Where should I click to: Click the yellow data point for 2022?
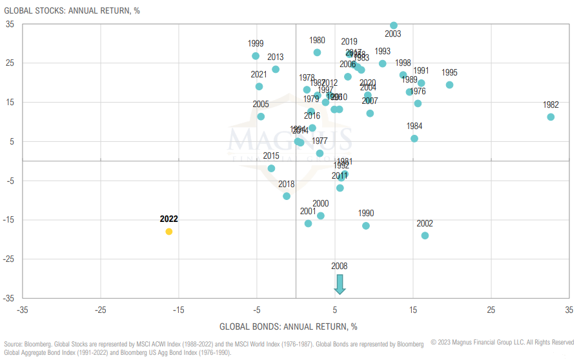(x=169, y=231)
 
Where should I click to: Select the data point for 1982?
(x=551, y=117)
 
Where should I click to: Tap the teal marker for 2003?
(x=394, y=25)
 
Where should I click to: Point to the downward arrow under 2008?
(x=340, y=284)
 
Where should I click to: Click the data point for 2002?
(x=425, y=235)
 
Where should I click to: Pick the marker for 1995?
(x=449, y=85)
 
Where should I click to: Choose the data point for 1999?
(x=256, y=56)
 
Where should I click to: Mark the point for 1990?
(x=366, y=226)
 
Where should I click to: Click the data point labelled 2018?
(x=287, y=196)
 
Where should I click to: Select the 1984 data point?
(x=414, y=138)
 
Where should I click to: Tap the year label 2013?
(x=276, y=57)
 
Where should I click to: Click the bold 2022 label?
(x=169, y=219)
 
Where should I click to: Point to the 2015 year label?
(x=271, y=155)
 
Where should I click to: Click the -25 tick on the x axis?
(x=100, y=309)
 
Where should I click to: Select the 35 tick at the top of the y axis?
(x=10, y=24)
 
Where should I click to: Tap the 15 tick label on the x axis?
(x=413, y=309)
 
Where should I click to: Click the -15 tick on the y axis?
(x=9, y=220)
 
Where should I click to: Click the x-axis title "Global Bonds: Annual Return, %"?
(x=289, y=326)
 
